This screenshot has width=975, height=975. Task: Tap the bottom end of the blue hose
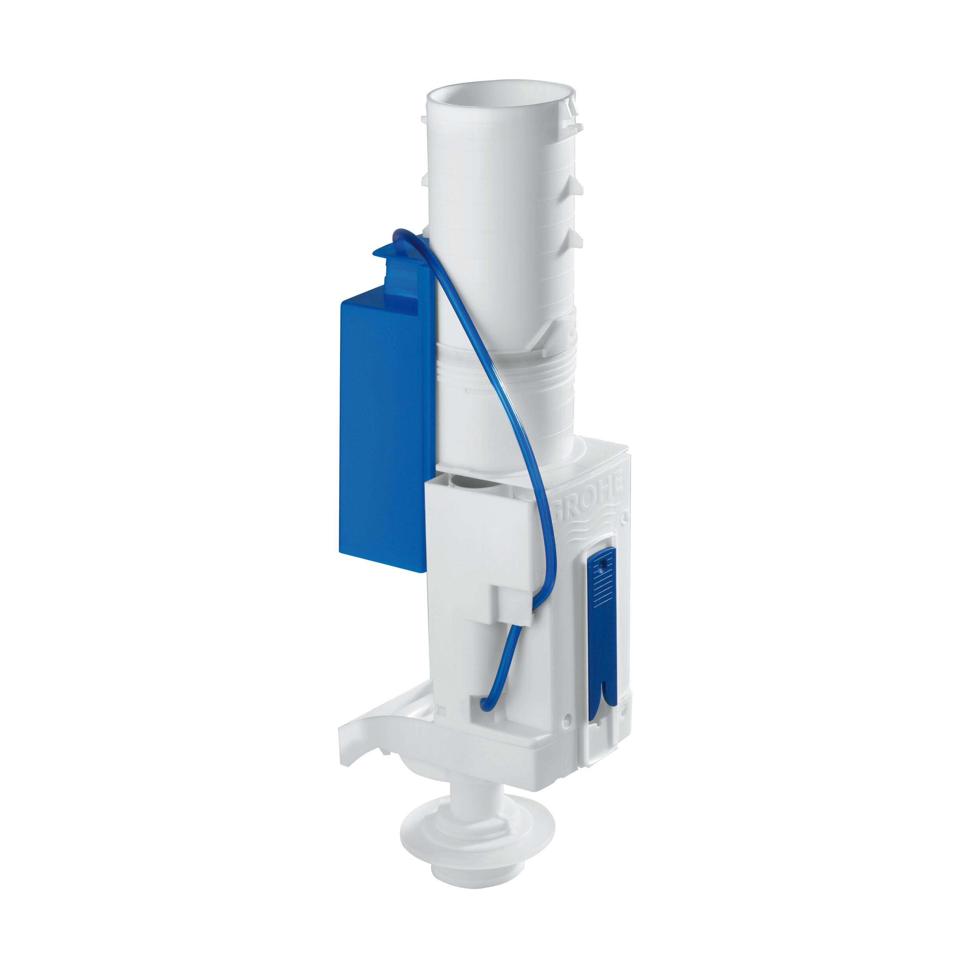pos(482,708)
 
